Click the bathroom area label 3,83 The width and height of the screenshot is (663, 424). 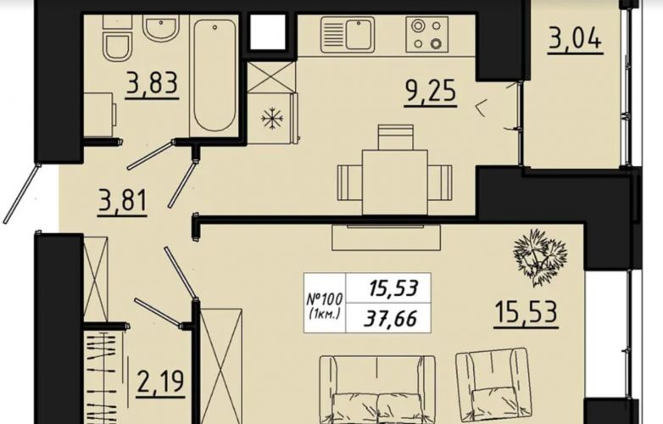click(152, 83)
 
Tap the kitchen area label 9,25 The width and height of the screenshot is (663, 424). click(431, 91)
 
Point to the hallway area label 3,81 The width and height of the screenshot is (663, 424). click(122, 200)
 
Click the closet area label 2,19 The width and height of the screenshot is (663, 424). click(161, 382)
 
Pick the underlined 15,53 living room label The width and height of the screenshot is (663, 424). click(526, 312)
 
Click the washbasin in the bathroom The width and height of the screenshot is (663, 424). click(161, 27)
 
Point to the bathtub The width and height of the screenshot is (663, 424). click(214, 75)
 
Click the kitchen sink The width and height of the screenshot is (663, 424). click(347, 35)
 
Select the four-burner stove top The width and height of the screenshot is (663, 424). click(427, 35)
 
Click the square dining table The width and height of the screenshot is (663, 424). click(395, 182)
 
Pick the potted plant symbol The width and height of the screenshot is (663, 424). click(539, 256)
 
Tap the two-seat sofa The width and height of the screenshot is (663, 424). click(377, 389)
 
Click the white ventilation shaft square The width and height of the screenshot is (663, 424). click(269, 31)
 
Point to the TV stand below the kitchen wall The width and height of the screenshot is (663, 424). click(386, 237)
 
